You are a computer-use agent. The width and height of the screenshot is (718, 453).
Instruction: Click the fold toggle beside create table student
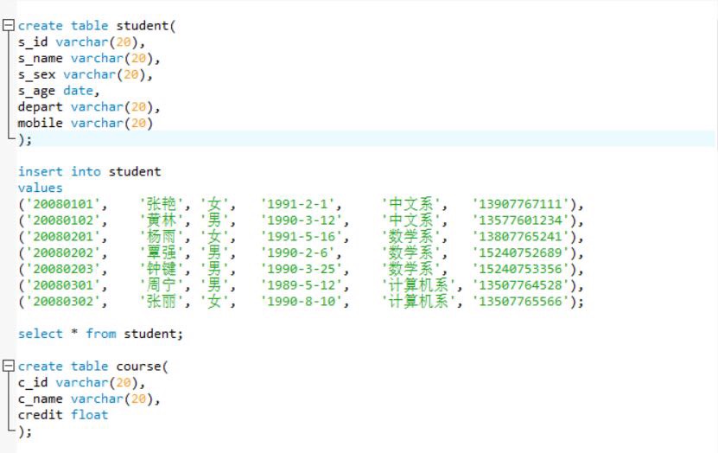(9, 25)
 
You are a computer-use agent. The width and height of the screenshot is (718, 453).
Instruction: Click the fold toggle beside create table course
(9, 366)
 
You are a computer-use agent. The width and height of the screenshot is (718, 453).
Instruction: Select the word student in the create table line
(143, 26)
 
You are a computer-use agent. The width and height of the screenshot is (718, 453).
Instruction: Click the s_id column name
(33, 42)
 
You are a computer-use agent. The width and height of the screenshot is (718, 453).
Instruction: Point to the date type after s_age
(79, 91)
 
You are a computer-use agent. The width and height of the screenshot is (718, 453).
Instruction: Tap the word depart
(40, 106)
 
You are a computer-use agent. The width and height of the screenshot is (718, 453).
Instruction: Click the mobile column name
(40, 123)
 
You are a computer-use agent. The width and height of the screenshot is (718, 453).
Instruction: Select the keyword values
(41, 188)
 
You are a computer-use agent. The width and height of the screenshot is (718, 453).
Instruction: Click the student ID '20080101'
(63, 204)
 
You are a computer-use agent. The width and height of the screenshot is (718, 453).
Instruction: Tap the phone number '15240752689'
(520, 252)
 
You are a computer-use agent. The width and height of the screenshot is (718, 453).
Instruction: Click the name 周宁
(162, 285)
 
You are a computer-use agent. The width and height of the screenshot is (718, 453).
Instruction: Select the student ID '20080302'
(63, 302)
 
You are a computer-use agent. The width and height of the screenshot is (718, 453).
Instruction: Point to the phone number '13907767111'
(520, 204)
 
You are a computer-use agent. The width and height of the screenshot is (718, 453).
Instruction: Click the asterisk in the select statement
(74, 332)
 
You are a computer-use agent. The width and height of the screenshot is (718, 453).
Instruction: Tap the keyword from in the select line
(101, 334)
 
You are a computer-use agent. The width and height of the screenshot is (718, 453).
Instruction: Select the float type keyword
(89, 414)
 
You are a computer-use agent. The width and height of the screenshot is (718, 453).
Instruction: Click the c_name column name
(40, 399)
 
